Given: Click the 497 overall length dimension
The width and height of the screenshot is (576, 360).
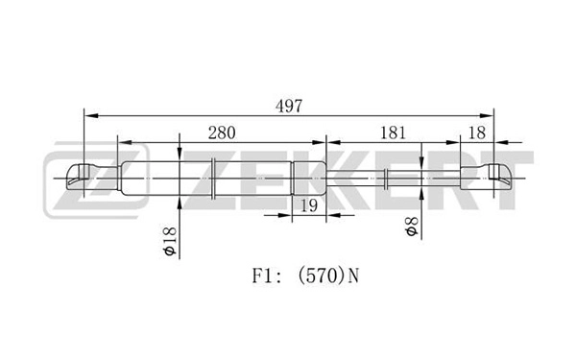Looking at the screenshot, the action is click(286, 107).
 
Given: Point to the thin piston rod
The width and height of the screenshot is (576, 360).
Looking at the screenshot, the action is click(355, 176).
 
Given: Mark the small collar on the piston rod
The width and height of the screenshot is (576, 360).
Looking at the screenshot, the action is click(385, 176).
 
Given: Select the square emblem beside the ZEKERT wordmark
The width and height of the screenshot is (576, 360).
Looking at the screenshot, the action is click(95, 179).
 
